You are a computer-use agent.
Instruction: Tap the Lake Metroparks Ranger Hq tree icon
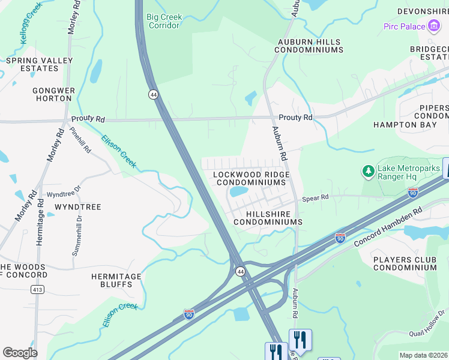tap(368, 172)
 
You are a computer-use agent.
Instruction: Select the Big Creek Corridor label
tap(164, 21)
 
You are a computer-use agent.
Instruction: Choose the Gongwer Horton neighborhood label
tap(54, 95)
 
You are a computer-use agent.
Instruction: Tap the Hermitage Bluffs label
tap(116, 281)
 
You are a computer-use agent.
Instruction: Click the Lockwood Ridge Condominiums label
tap(252, 178)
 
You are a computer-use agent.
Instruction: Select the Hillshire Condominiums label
tap(267, 218)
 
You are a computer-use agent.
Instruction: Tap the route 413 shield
tap(37, 289)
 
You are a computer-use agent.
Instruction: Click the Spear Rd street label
tap(315, 197)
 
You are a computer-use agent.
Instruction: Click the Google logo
tap(20, 353)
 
